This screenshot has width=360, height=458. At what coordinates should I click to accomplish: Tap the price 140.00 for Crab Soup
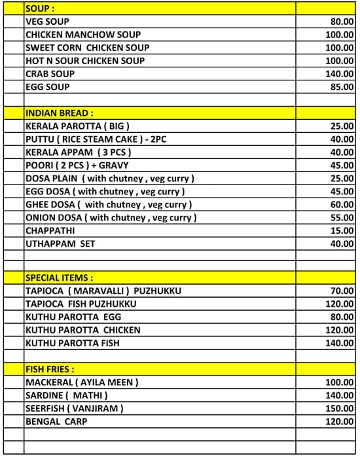point(340,74)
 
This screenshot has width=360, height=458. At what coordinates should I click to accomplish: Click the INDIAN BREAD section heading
point(59,113)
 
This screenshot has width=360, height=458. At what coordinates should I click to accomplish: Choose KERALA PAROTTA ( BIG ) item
point(77,126)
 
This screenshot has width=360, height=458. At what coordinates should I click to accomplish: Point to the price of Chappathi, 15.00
point(342,231)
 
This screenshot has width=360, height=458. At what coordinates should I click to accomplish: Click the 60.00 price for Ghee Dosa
point(342,205)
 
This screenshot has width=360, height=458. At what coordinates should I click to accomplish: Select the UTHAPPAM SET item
point(60,244)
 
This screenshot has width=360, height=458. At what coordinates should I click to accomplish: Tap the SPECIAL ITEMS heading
point(59,277)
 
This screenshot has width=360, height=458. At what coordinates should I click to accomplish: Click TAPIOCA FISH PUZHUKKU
point(81,304)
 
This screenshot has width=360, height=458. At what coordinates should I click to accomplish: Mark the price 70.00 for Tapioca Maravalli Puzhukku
point(342,291)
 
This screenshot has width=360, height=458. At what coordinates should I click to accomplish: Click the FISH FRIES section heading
point(50,369)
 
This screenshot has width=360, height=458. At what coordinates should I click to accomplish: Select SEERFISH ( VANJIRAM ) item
point(74,408)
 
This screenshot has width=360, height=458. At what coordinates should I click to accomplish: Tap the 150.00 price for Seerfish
point(340,408)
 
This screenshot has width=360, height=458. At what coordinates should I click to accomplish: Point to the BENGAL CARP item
point(56,421)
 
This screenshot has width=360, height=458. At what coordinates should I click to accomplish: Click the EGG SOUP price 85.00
point(342,87)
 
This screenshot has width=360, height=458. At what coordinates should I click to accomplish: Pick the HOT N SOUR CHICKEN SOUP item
point(85,61)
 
